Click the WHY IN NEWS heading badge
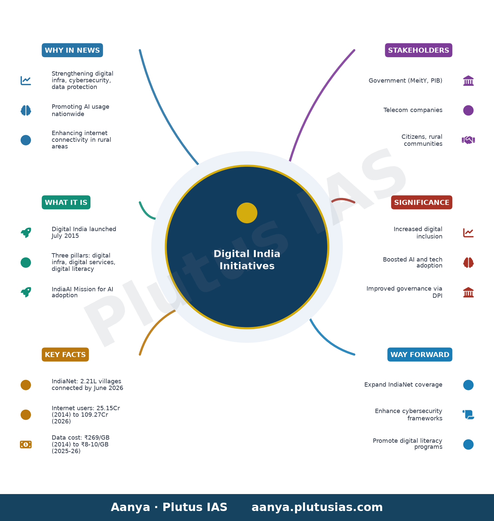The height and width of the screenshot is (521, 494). tap(72, 50)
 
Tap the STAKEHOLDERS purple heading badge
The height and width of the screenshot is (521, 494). tap(418, 50)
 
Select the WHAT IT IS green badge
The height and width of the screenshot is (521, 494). tap(66, 202)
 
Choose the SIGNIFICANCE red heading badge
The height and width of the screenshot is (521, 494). tap(421, 202)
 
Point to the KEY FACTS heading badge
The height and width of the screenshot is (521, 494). tap(65, 355)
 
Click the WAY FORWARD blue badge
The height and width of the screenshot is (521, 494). tap(420, 355)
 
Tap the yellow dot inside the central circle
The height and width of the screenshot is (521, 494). tap(247, 213)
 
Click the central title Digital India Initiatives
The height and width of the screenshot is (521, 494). tap(247, 260)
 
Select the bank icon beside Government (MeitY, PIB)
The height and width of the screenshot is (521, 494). tap(468, 81)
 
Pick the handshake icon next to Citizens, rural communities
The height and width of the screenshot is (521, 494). tap(468, 140)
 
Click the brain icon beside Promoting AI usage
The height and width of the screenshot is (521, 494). tap(26, 110)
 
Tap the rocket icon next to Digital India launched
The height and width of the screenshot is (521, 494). tap(26, 233)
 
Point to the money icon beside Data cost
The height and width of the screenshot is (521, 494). tap(26, 444)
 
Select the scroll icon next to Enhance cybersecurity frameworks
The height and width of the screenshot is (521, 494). tap(468, 415)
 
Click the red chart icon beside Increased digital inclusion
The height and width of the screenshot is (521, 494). tap(468, 233)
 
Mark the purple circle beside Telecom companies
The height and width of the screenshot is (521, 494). tap(468, 110)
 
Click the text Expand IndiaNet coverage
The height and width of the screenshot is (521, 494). tap(403, 385)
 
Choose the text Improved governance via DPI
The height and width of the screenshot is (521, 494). tap(404, 292)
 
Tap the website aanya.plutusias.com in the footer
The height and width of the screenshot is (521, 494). tap(317, 507)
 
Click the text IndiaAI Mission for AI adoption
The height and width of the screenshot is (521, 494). tap(82, 292)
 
